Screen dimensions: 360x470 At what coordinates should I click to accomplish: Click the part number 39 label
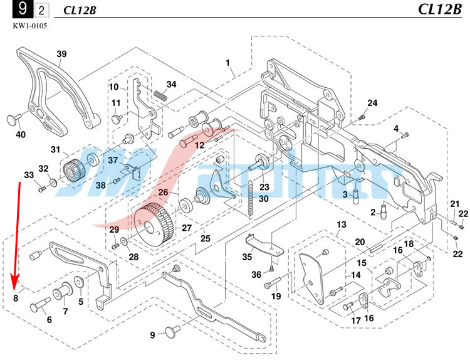tap(61, 54)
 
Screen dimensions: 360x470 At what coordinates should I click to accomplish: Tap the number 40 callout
tap(21, 134)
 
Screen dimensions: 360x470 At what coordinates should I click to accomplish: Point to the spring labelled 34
tap(159, 95)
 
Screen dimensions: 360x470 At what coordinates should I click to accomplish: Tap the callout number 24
tap(372, 103)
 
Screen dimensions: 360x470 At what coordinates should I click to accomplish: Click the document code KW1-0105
tap(29, 26)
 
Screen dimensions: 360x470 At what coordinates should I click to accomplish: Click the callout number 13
tap(341, 225)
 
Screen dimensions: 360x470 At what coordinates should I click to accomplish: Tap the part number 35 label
tap(248, 257)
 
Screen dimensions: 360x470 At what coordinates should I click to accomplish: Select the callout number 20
tap(360, 242)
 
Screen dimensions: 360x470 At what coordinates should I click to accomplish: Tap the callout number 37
tap(113, 160)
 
